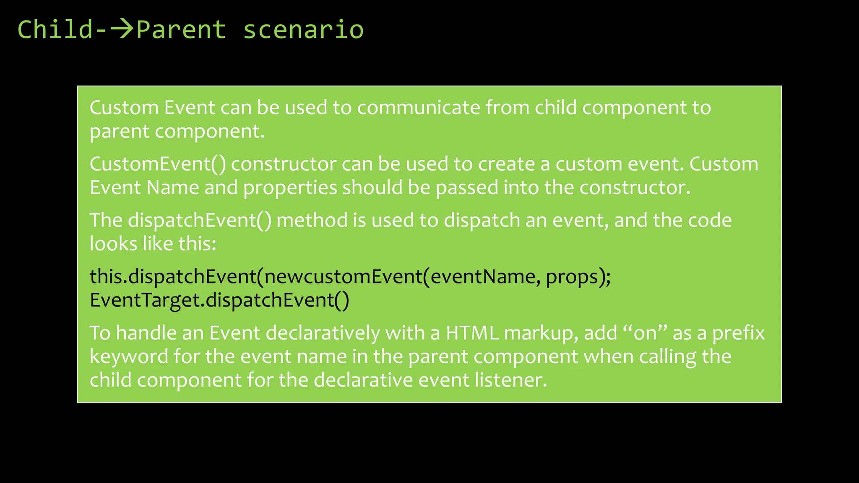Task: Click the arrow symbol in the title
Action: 122,29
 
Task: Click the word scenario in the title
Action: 303,30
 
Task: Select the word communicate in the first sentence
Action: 418,108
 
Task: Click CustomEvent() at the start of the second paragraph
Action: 158,164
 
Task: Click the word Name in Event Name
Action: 172,187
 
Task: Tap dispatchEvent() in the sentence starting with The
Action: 200,221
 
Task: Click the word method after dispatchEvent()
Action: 312,220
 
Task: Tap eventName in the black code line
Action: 482,277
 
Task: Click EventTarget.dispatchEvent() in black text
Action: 219,300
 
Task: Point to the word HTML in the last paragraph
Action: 472,333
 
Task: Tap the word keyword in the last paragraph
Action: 129,357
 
